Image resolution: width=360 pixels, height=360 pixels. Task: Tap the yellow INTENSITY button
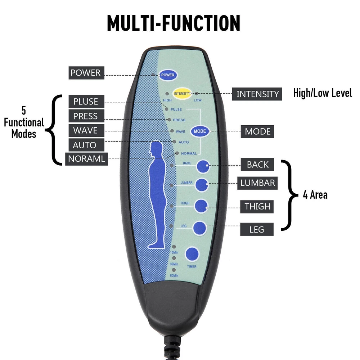182,94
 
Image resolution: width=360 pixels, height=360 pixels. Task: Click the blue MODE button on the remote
200,131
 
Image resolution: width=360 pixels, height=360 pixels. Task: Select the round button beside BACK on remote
203,166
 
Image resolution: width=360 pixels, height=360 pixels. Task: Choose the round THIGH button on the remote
201,206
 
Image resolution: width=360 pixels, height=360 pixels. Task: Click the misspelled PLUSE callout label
86,102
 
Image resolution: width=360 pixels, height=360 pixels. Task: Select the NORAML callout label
86,159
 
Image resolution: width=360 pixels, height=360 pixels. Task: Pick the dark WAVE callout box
85,130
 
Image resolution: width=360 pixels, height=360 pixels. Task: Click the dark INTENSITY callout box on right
257,94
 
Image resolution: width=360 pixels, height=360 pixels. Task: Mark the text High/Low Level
322,93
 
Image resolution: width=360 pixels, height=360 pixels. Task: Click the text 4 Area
315,195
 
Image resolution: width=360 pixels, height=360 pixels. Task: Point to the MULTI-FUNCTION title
174,23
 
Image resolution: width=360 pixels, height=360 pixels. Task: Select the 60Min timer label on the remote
174,276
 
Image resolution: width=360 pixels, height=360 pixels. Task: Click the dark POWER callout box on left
85,73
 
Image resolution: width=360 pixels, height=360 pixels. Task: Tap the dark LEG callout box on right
257,229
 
